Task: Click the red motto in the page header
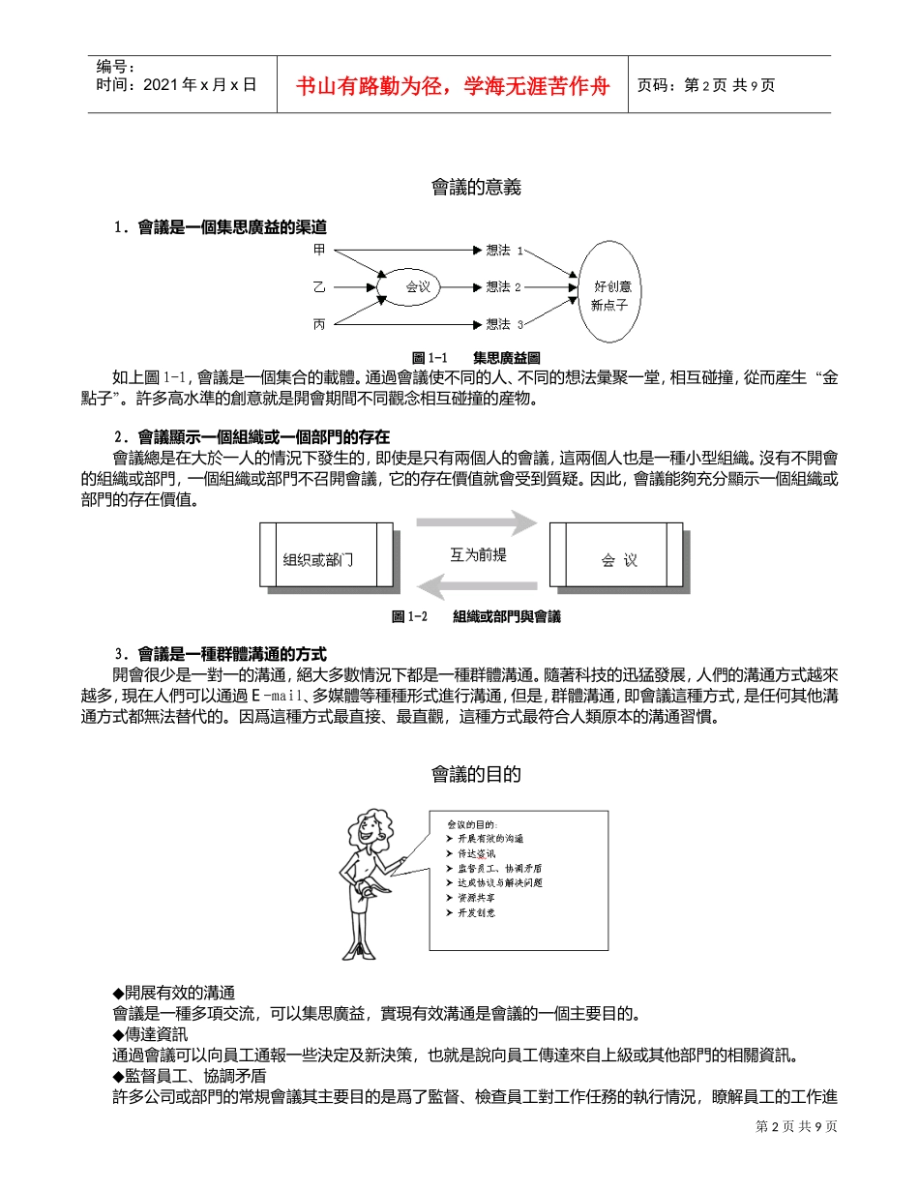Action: pyautogui.click(x=453, y=85)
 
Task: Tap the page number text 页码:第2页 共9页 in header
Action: pyautogui.click(x=706, y=85)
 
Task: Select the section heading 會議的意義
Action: pyautogui.click(x=476, y=188)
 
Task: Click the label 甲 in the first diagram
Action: pyautogui.click(x=319, y=250)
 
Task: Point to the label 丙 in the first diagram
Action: pyautogui.click(x=319, y=324)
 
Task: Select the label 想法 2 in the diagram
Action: pyautogui.click(x=503, y=286)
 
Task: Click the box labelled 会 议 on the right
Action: pyautogui.click(x=616, y=556)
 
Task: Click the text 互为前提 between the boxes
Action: pyautogui.click(x=478, y=555)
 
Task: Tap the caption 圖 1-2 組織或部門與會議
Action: pyautogui.click(x=476, y=616)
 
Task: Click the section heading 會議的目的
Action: pyautogui.click(x=476, y=774)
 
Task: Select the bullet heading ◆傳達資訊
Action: pyautogui.click(x=151, y=1034)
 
